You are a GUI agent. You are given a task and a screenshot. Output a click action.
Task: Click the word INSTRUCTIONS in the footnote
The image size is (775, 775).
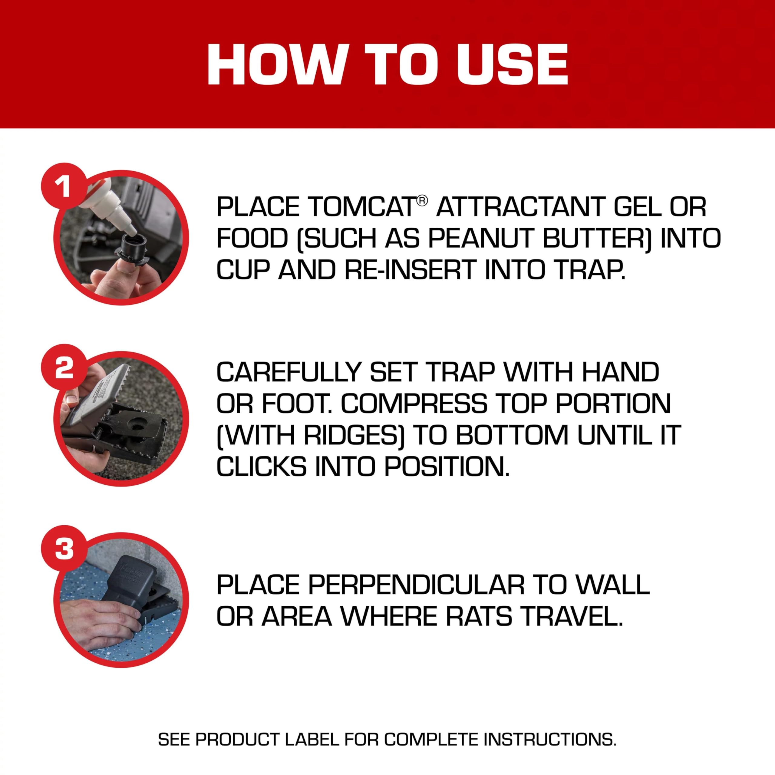pos(549,739)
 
